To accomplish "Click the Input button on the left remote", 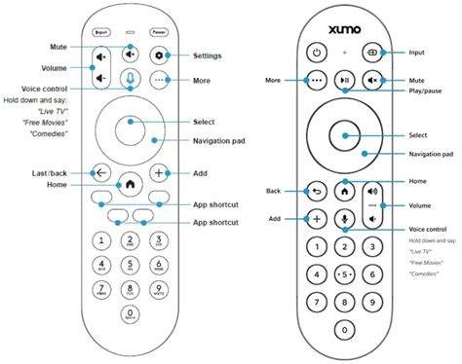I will click(x=100, y=31).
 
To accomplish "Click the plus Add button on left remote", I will click(x=159, y=172).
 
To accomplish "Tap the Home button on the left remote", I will click(x=130, y=182).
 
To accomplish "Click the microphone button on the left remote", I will click(x=130, y=80).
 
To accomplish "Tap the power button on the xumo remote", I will click(x=315, y=52).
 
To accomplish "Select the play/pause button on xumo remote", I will click(x=344, y=79).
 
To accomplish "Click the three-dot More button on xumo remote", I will click(x=315, y=79).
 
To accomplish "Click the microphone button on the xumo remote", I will click(x=344, y=218).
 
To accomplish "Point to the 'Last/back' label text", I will click(x=49, y=172).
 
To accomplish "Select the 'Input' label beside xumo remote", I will click(x=416, y=52).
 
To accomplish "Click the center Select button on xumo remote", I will click(x=344, y=135).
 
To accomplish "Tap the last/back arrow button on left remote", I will click(x=100, y=172).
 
